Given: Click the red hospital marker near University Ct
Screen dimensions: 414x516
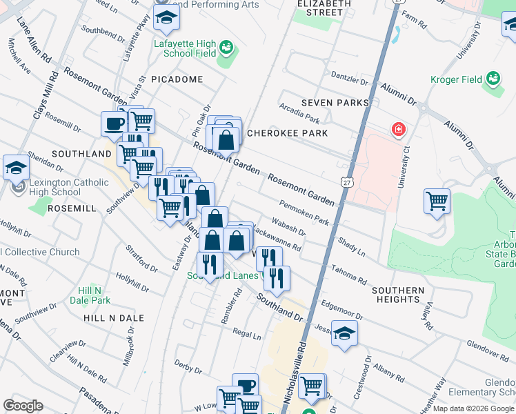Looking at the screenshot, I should pyautogui.click(x=398, y=129).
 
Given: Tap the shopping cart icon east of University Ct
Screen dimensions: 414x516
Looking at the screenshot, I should pyautogui.click(x=437, y=201).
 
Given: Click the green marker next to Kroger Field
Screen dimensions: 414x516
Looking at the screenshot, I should pyautogui.click(x=493, y=78).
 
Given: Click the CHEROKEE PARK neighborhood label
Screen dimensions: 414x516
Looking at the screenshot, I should pyautogui.click(x=286, y=132).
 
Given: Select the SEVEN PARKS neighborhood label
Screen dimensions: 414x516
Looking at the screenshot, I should pyautogui.click(x=335, y=103).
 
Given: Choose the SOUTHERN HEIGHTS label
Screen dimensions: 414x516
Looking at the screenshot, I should pyautogui.click(x=398, y=295).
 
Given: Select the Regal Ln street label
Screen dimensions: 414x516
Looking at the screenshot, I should pyautogui.click(x=247, y=335).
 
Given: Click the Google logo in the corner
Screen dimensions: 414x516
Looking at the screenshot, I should pyautogui.click(x=23, y=405).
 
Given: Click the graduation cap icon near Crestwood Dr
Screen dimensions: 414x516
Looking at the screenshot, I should pyautogui.click(x=344, y=334).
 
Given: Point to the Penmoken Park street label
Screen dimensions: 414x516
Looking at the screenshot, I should pyautogui.click(x=304, y=212).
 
